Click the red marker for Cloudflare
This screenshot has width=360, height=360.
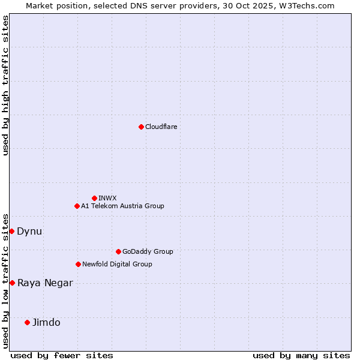(x=141, y=127)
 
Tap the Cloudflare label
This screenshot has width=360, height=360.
(x=161, y=127)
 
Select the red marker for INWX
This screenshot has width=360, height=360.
(x=94, y=198)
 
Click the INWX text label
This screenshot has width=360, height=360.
(x=107, y=198)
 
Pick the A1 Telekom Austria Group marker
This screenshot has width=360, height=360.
(x=77, y=206)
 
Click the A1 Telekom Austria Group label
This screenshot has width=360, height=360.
(x=122, y=206)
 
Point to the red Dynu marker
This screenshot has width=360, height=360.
(x=11, y=231)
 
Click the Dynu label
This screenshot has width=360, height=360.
(x=29, y=231)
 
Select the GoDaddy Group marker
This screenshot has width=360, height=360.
(x=118, y=251)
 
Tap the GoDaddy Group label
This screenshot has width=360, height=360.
(x=148, y=251)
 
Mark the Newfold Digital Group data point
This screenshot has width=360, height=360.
(x=78, y=264)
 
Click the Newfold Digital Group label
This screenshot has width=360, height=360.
(x=117, y=264)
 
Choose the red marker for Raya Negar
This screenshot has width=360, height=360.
(x=12, y=283)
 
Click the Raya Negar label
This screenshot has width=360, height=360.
(x=45, y=283)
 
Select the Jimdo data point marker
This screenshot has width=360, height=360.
(x=27, y=322)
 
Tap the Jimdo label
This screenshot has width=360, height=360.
(x=46, y=322)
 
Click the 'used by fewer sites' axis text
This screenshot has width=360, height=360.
(x=62, y=355)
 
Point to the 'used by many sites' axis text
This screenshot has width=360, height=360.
(x=301, y=355)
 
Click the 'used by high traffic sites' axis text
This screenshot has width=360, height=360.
(x=5, y=85)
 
